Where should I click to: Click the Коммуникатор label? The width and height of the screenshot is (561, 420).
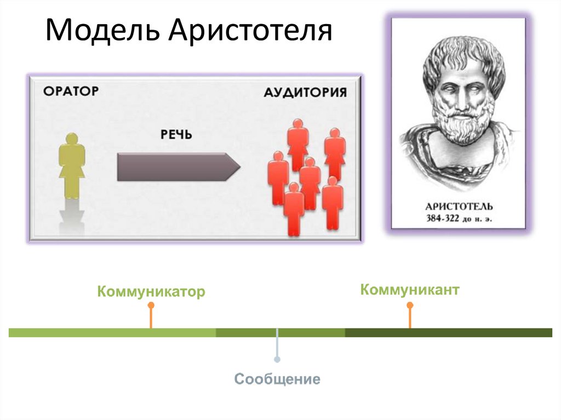(x=151, y=291)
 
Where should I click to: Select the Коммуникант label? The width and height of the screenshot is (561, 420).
(x=409, y=290)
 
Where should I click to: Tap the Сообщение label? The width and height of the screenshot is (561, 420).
(x=277, y=379)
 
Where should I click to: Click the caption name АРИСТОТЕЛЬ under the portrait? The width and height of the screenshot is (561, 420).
(x=459, y=207)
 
